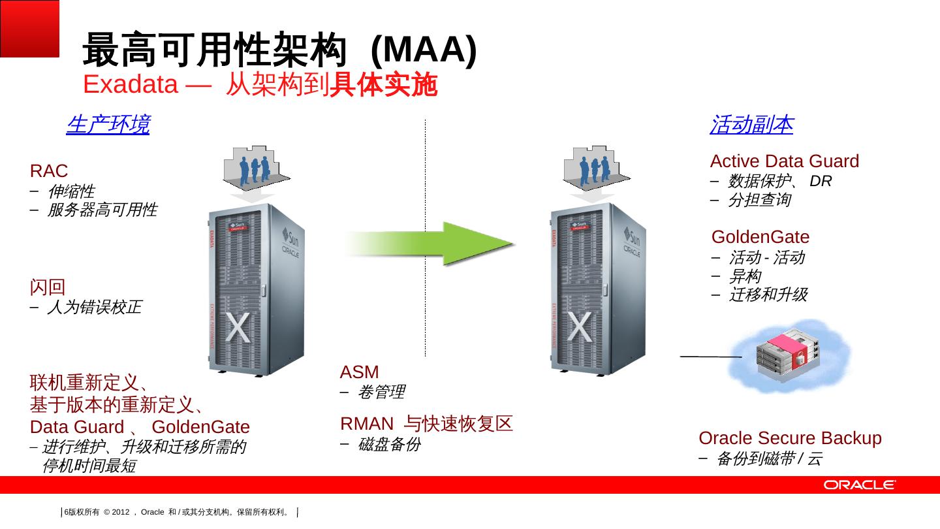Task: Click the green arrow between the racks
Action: [430, 244]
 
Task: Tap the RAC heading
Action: [49, 171]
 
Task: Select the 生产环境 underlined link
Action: [108, 125]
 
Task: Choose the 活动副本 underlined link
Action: [751, 125]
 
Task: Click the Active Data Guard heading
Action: [785, 161]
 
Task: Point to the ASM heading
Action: [359, 372]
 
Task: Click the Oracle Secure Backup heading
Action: [790, 438]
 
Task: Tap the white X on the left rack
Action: [238, 327]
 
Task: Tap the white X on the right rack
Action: [580, 327]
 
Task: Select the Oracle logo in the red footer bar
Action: [860, 485]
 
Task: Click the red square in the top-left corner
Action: [29, 29]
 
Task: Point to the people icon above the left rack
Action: [256, 168]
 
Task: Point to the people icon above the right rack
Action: [596, 168]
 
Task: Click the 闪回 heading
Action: [48, 287]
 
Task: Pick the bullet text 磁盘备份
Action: [389, 444]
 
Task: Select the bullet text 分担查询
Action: [760, 200]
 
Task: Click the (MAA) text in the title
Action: [424, 50]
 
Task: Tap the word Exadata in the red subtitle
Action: [131, 84]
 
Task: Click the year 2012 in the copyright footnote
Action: [121, 512]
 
